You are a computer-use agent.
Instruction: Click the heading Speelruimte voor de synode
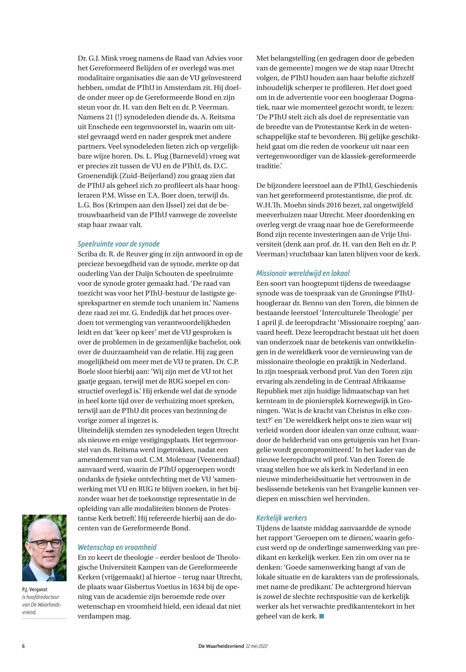[118, 244]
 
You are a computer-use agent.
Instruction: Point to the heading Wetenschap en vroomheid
[117, 547]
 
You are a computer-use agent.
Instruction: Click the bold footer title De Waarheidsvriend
[221, 646]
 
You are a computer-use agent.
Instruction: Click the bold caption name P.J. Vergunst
[35, 589]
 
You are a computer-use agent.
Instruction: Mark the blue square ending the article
[322, 616]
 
